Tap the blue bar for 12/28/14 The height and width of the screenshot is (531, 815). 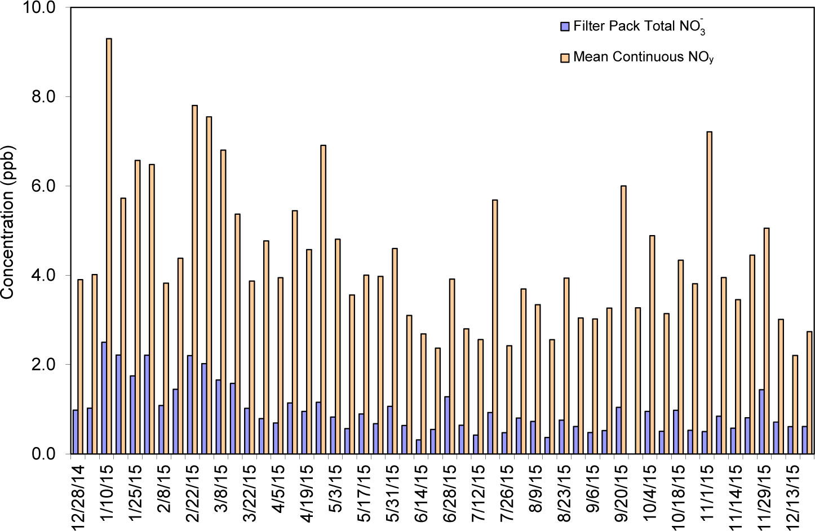click(x=76, y=431)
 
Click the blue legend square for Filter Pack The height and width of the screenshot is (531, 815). click(x=565, y=26)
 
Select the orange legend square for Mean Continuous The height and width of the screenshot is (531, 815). click(x=565, y=57)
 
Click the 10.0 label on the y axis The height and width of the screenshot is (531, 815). click(x=38, y=8)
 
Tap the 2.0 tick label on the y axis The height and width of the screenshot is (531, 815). click(x=43, y=365)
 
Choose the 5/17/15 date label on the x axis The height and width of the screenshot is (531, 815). click(x=364, y=493)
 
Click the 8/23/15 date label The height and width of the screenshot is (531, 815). click(x=564, y=493)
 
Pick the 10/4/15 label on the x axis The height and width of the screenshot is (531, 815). click(x=650, y=493)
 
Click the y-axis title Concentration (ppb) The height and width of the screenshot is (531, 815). click(x=7, y=222)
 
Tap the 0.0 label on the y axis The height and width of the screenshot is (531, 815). click(x=43, y=454)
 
